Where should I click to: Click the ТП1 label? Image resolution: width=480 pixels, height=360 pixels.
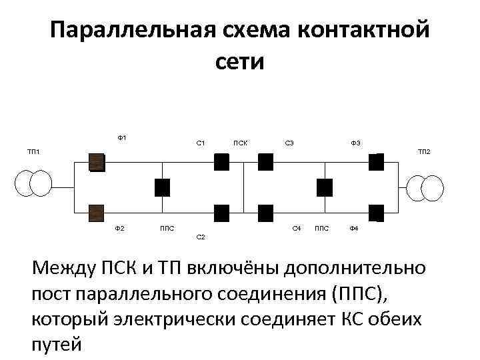pos(33,153)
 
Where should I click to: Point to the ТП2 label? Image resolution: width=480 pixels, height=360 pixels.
pos(424,153)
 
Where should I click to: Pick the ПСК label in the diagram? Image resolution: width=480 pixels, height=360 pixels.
pos(241,143)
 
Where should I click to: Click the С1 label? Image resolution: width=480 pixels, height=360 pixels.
pos(200,143)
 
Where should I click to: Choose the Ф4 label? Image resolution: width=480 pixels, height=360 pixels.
pos(353,229)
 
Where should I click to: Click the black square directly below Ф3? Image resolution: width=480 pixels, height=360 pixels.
pos(377,162)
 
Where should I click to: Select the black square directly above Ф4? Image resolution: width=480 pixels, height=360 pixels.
pos(377,212)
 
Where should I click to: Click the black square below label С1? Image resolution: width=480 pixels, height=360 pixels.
pos(222,162)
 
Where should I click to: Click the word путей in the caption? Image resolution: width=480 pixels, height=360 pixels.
pos(57,345)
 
